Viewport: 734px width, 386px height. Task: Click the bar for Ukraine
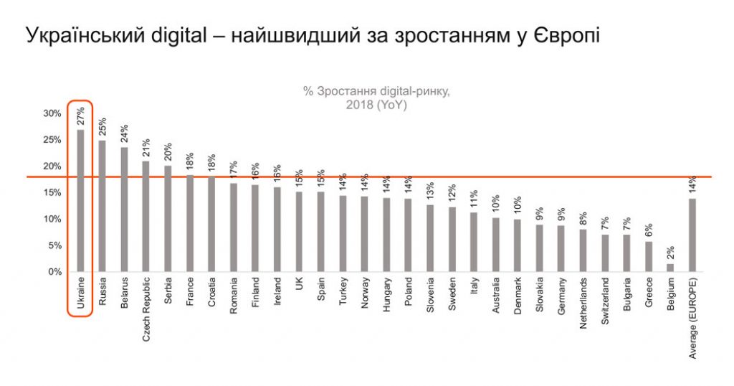tap(80, 201)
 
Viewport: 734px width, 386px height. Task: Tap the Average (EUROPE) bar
tap(692, 235)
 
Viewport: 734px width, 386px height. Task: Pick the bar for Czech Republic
tap(146, 216)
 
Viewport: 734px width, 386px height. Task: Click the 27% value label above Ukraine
tap(81, 117)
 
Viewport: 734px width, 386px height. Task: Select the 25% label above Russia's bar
tap(103, 128)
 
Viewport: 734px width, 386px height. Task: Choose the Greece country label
tap(649, 293)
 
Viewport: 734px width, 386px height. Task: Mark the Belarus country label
tap(124, 293)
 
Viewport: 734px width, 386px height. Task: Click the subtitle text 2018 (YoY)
tap(376, 105)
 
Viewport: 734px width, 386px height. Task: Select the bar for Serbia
tap(168, 219)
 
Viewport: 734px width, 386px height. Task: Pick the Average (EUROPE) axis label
tap(693, 316)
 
